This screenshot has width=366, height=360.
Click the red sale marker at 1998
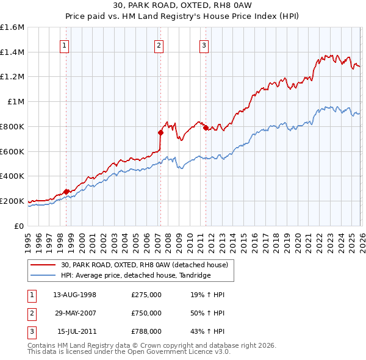tap(66, 192)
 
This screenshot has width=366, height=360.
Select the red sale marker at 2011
tap(206, 128)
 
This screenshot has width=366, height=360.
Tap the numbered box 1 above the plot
tap(64, 45)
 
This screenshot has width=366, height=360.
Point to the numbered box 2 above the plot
tap(159, 45)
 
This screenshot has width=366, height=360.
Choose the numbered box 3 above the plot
tap(203, 45)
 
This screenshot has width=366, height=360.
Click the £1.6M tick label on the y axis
tap(12, 27)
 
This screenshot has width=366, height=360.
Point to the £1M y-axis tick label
tap(16, 102)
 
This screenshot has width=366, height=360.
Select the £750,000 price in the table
tap(146, 313)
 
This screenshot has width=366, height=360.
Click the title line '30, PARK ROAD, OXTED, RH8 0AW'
tap(182, 7)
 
